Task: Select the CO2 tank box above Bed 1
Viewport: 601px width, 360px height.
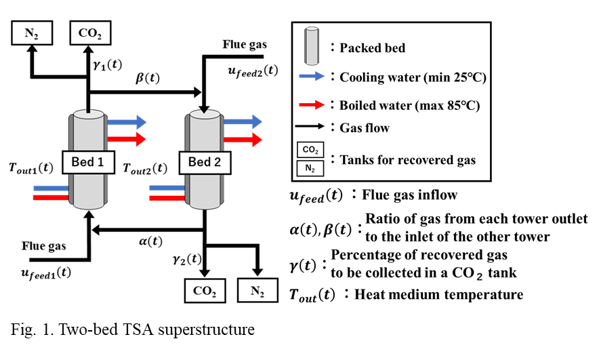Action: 90,32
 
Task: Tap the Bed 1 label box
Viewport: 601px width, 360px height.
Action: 87,162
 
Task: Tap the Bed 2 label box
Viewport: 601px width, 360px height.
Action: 205,162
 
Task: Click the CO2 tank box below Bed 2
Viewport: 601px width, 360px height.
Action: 204,292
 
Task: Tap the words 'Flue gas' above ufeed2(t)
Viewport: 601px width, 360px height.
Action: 245,45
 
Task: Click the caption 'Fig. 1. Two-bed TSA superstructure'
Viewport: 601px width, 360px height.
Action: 133,330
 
